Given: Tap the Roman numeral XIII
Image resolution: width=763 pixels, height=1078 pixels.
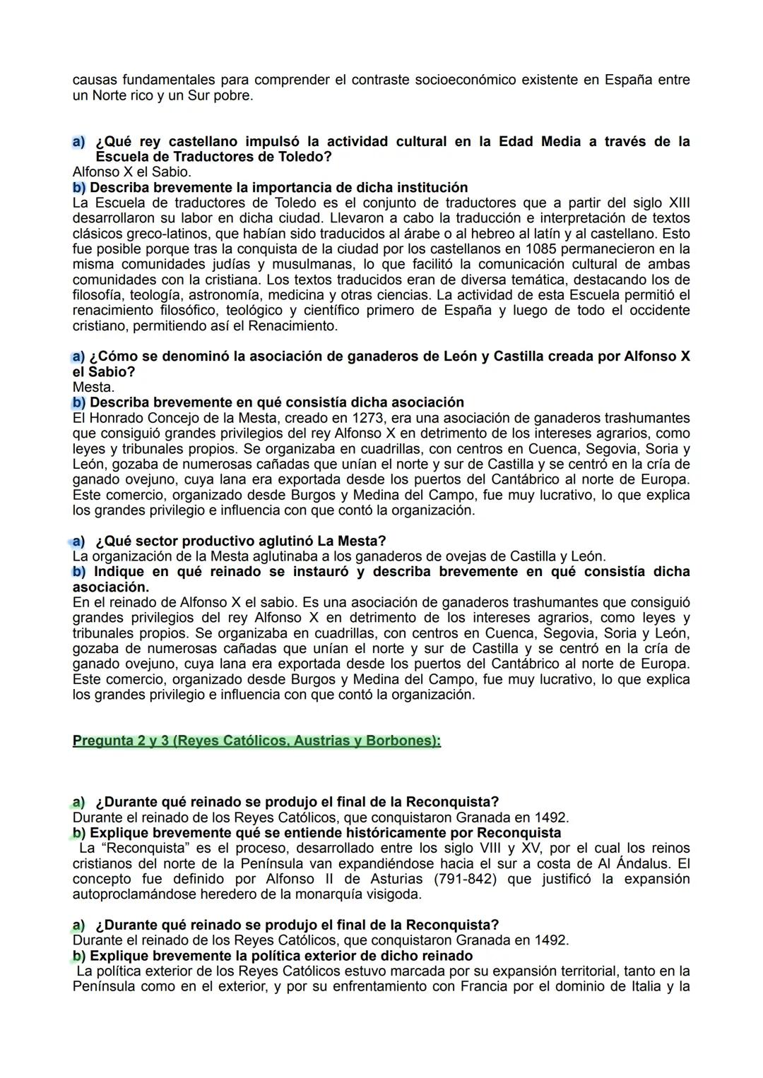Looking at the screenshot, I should pos(678,203).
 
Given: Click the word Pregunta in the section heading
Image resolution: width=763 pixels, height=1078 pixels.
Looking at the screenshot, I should pos(102,742).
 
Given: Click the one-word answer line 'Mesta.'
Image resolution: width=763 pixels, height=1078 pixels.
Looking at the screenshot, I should pos(93,387).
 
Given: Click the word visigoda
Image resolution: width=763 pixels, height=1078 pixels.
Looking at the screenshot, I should pos(393,894).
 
